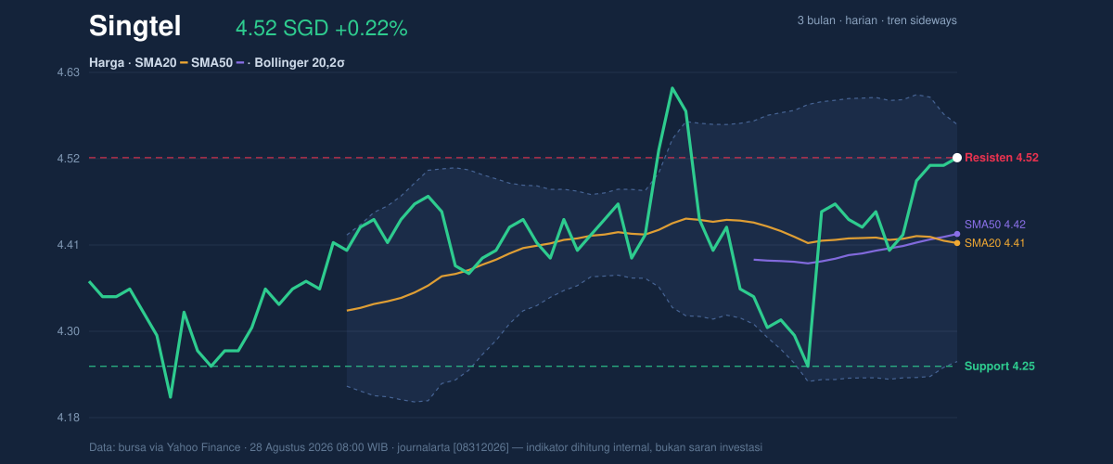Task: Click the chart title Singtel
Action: pos(134,26)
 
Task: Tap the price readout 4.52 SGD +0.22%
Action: pos(321,29)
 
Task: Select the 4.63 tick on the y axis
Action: pos(68,72)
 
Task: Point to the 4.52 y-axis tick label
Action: pos(68,158)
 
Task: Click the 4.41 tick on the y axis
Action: pos(68,245)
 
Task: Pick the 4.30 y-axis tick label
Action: pos(68,331)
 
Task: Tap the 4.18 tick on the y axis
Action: pos(68,418)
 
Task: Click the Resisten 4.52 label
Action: pos(1001,158)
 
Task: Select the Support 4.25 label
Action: pos(999,366)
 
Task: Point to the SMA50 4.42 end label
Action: pos(994,225)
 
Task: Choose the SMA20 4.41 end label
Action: pos(994,243)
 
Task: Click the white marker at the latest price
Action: pos(957,158)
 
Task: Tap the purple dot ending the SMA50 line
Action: pos(957,234)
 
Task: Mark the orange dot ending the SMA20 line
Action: pos(957,243)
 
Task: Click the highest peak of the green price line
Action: pos(672,88)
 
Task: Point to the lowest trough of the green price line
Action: pos(171,397)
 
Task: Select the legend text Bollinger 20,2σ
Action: pos(299,63)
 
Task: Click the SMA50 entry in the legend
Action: pos(211,63)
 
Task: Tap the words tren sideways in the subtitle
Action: pos(922,20)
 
